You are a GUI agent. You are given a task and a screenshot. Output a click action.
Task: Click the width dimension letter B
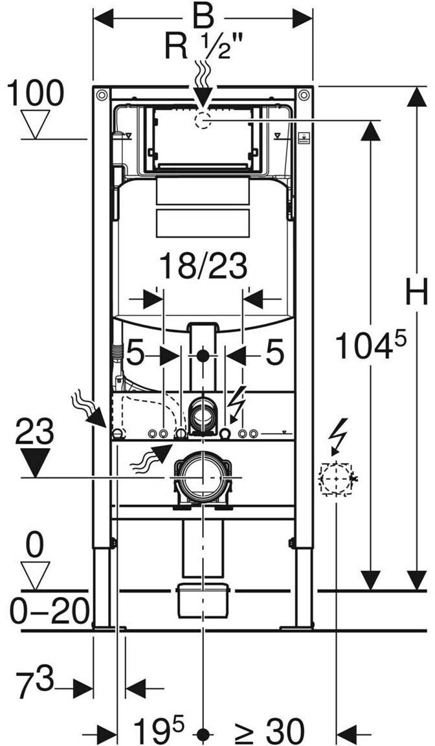coord(203,19)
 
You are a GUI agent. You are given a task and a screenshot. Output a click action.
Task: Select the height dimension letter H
coord(417,291)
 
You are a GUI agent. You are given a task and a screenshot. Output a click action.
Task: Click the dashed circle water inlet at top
coord(203,120)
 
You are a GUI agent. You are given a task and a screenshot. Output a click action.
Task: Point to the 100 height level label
coord(36,93)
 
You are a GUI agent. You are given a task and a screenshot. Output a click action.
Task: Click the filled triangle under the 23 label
coord(35,462)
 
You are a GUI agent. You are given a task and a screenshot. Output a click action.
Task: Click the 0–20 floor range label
coord(49,611)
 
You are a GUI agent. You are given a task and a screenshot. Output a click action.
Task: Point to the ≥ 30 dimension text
coord(269,730)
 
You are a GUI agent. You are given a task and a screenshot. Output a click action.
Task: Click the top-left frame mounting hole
coord(101,95)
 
